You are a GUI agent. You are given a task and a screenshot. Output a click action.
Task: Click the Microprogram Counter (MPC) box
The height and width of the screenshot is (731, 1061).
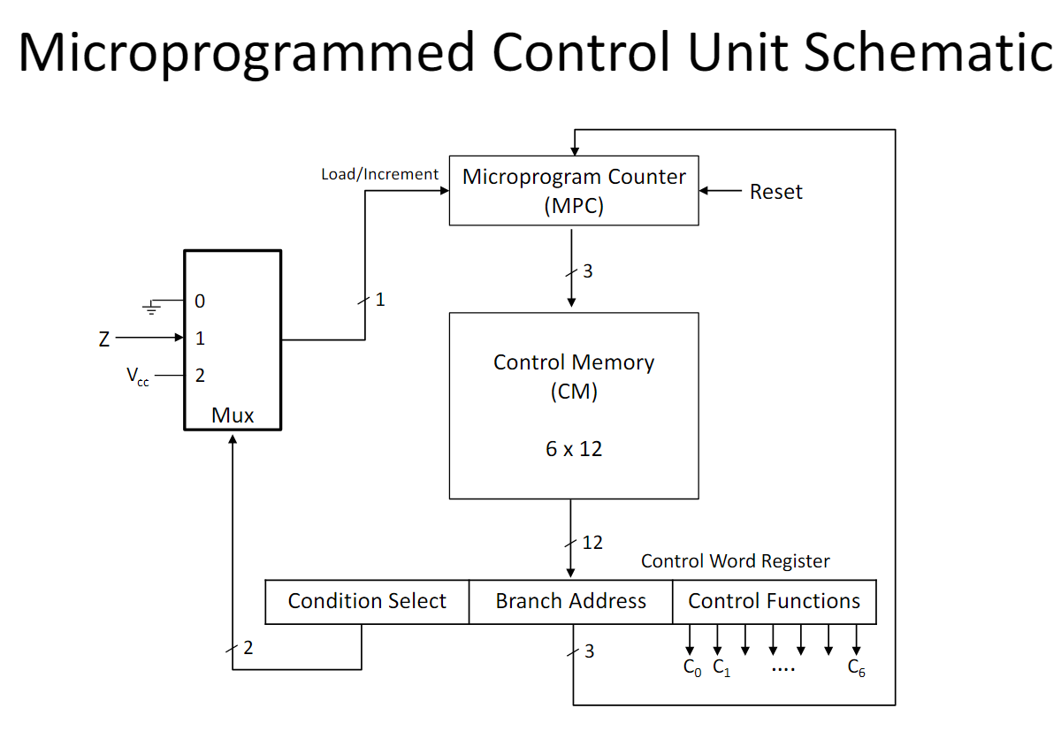pos(574,190)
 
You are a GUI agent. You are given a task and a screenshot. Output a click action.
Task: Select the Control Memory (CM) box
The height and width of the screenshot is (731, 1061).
pos(574,406)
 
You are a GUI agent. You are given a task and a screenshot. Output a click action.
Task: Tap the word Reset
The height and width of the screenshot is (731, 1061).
pos(776,192)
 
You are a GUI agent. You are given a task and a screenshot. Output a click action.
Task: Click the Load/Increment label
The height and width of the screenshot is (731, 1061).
pos(379,174)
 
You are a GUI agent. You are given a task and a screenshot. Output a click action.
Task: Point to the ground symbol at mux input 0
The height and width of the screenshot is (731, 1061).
pos(151,308)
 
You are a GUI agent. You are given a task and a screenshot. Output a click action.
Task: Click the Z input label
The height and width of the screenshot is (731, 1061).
pos(104,339)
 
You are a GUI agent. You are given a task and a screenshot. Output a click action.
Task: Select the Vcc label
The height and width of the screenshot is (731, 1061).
pos(137,377)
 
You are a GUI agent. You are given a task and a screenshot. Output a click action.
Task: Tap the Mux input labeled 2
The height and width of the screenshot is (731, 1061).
pos(200,376)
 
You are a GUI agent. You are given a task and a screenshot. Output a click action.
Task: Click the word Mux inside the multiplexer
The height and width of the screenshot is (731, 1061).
pos(232,415)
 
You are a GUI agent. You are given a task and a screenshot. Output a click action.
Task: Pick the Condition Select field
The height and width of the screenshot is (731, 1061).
pos(367,601)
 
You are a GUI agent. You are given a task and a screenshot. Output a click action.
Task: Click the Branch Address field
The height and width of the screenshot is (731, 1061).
pos(571,601)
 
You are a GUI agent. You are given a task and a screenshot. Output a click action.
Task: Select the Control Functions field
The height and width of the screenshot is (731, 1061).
pos(775,601)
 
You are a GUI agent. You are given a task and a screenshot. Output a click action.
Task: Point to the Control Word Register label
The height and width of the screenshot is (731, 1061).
pos(735,561)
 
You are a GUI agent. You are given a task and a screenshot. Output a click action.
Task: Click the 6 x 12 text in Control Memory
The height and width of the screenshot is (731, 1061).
pos(574,449)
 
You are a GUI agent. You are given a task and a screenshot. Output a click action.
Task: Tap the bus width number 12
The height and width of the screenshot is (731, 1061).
pos(592,543)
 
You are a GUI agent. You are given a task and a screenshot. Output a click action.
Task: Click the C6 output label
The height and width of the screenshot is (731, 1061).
pos(857,668)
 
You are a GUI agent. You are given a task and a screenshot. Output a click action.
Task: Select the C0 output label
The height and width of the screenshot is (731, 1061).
pos(692,668)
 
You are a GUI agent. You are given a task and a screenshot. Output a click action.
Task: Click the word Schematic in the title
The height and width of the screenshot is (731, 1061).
pos(927,51)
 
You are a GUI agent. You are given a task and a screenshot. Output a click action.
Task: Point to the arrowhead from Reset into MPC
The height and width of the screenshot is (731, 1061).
pos(704,190)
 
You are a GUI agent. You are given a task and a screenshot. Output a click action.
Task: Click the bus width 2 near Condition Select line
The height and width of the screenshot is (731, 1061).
pos(248,648)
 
